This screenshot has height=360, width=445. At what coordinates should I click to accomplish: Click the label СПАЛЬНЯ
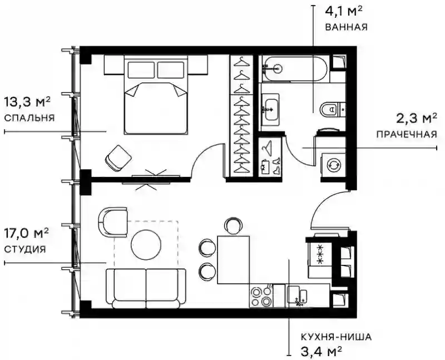coord(29,118)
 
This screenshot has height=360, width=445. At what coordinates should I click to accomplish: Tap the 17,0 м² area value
coord(26,234)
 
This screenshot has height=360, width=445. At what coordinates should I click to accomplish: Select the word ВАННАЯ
coord(346,27)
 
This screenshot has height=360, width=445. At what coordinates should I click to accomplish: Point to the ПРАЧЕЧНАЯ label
coord(407,134)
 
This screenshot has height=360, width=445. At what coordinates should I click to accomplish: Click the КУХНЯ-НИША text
coord(336,337)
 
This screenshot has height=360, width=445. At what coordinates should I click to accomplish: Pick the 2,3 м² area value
coord(417,119)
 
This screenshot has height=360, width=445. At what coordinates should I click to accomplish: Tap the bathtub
coord(295,68)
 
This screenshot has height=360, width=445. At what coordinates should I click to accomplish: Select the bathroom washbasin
coord(270,109)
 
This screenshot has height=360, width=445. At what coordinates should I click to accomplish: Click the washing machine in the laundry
coord(333,165)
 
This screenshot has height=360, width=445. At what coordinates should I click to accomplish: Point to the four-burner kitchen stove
coord(261,295)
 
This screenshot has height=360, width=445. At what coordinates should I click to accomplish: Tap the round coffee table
coord(146,244)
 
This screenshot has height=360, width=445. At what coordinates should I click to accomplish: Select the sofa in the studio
coord(146,288)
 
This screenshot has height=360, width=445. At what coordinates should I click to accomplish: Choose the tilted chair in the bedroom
coord(118,158)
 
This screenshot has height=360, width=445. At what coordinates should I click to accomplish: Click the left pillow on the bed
coord(141,70)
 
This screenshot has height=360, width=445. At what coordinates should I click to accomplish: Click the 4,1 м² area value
coord(344,12)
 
